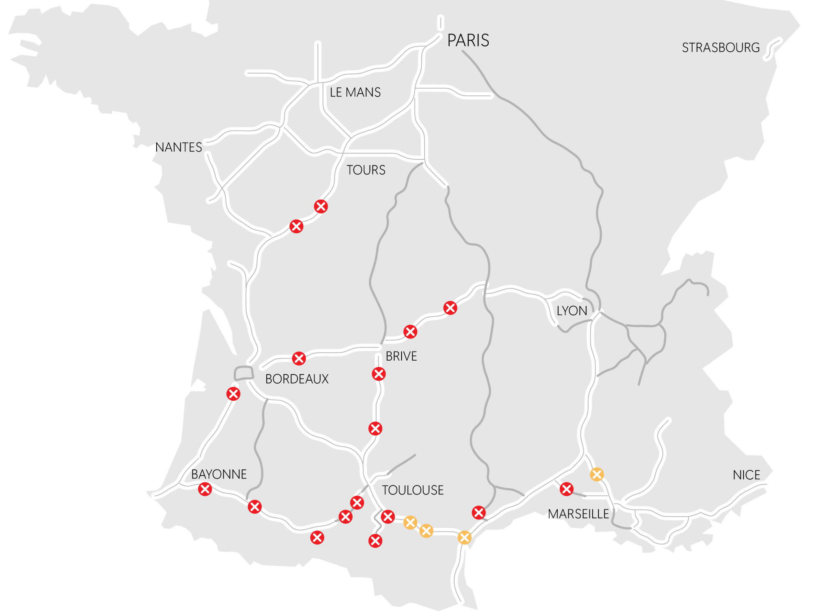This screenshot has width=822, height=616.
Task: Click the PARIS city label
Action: pos(468,40)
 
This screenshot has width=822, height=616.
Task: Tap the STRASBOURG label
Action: pos(720,48)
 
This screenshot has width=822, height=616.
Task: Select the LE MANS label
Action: pos(355,92)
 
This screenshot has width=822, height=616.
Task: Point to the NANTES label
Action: pos(178,147)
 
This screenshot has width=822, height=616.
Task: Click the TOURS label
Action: pos(366,170)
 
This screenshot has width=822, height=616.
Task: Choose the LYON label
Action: pos(572,311)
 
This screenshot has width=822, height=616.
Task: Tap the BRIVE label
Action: pos(401,356)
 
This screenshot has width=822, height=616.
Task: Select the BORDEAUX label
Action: pos(297,379)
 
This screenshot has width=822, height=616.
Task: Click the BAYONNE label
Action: pos(219,474)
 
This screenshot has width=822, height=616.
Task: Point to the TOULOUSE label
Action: pos(413,490)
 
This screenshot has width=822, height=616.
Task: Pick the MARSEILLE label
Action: pos(578,514)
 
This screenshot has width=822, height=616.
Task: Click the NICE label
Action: pos(746,475)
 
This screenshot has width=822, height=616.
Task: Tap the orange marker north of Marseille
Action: pos(597,474)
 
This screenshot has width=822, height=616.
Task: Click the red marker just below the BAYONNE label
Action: pos(205,489)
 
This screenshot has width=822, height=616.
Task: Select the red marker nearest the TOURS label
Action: pos(321,206)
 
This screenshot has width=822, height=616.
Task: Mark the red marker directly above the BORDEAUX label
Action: pos(299,358)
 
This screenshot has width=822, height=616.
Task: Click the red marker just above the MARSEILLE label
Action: pos(566,489)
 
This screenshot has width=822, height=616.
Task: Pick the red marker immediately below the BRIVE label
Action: pos(379,374)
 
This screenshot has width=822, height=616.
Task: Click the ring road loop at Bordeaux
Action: pos(243,373)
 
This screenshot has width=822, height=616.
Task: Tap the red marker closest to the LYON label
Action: pos(450,308)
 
